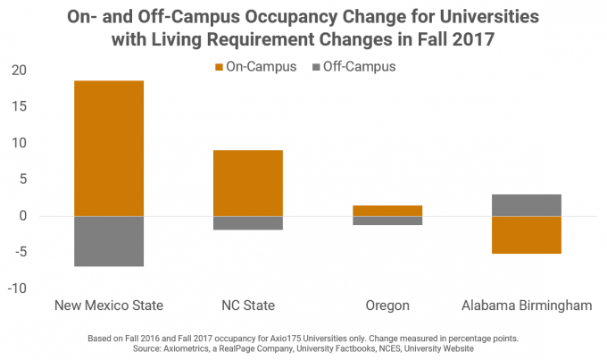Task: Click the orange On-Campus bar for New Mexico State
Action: pos(109,148)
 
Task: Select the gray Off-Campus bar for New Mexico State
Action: pos(109,241)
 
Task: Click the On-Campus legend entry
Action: pos(254,66)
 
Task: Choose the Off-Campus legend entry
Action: pos(356,66)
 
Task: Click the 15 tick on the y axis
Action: pos(21,107)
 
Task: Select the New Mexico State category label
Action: pos(109,306)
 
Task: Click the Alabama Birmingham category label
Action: pos(527,306)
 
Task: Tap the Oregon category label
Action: pos(387,306)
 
